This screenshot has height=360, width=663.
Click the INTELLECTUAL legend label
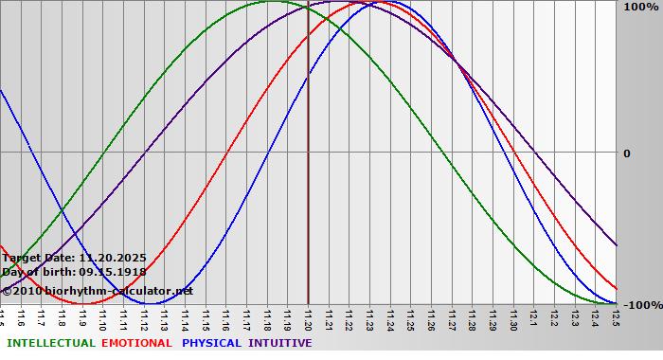[x=49, y=343]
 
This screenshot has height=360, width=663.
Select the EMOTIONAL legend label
[x=136, y=343]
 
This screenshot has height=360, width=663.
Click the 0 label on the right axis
[x=627, y=153]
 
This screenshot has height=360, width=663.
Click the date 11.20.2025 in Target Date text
[x=113, y=258]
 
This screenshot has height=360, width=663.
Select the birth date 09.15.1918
[x=118, y=273]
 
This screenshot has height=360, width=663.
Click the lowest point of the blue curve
[x=154, y=304]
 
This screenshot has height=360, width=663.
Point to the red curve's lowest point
[x=85, y=304]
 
